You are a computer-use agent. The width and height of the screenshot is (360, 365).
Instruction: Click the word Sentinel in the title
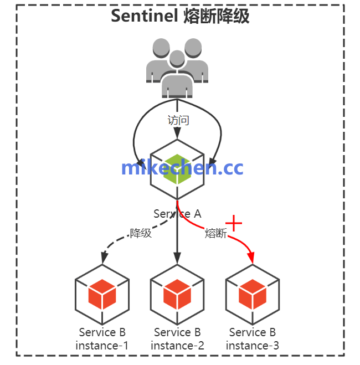tap(145, 16)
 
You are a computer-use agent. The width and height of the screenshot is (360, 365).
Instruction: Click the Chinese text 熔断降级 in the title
tap(216, 16)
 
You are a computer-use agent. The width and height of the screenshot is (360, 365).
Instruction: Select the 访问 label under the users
tap(178, 120)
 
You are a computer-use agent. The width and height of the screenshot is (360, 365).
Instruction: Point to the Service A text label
tap(177, 214)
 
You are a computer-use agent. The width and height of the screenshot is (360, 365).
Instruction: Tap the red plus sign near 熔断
tap(235, 223)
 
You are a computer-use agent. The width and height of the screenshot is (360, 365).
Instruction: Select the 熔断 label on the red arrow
tap(215, 233)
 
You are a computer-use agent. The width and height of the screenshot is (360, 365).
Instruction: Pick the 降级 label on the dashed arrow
tap(141, 233)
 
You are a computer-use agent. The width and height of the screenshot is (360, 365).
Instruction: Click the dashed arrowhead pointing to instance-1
tap(103, 258)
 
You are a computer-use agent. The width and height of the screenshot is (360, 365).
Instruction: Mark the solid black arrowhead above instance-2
tap(177, 259)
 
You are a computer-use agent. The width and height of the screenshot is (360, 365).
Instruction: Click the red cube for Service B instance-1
tap(102, 295)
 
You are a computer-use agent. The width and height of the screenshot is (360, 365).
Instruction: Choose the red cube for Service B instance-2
tap(177, 295)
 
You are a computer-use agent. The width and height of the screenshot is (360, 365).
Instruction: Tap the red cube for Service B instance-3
tap(253, 295)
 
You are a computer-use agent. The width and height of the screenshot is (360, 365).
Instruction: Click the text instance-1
tap(102, 346)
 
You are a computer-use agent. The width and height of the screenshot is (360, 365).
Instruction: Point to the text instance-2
tap(177, 346)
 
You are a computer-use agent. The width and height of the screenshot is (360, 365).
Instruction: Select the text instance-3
tap(253, 346)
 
